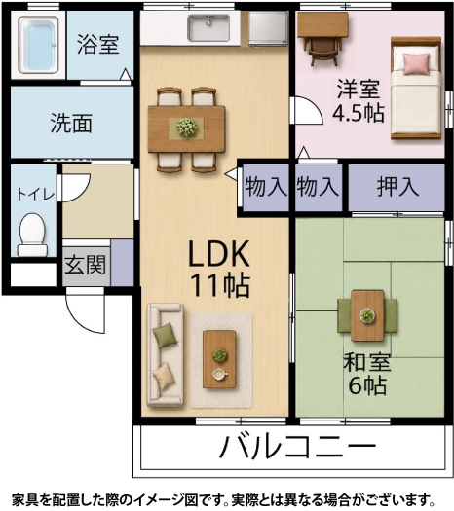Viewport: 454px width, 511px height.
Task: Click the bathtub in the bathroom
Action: [38, 45]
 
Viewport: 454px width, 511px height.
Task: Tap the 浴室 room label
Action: [97, 44]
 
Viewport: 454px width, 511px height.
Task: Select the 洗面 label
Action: [71, 124]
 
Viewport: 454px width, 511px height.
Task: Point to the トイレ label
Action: [35, 195]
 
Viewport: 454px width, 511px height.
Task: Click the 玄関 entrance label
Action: [86, 265]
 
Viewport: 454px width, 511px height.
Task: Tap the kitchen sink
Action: [208, 27]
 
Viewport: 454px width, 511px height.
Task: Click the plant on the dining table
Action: [186, 128]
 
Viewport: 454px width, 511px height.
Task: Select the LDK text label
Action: [219, 253]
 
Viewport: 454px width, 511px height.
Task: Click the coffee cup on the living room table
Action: [220, 374]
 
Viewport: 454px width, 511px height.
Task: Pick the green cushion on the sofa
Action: [165, 336]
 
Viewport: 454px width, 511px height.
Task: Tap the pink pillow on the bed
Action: [416, 64]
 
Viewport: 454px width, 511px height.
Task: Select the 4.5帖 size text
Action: [359, 113]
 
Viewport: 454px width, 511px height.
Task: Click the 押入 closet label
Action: [397, 187]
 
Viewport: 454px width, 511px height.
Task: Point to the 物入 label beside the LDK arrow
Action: [266, 187]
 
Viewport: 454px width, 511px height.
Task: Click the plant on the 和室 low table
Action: [367, 315]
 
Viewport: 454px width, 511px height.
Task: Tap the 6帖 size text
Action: [367, 385]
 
